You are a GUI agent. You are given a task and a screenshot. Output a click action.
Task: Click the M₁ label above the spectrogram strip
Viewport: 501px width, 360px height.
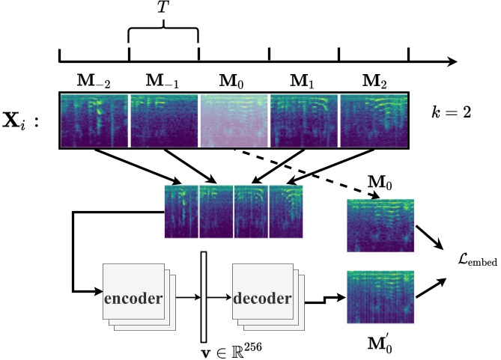tap(304, 80)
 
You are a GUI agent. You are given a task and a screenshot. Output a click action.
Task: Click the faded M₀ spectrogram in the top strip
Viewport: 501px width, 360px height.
tap(234, 120)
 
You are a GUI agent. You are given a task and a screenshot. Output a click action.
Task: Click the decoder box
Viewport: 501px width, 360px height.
tap(262, 299)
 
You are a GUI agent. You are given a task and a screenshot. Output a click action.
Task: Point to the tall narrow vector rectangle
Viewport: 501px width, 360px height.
tap(203, 297)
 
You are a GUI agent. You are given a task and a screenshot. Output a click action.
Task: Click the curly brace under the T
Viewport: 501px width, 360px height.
tap(163, 34)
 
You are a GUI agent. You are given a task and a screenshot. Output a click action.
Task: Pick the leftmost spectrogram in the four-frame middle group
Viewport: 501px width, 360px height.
tap(180, 211)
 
